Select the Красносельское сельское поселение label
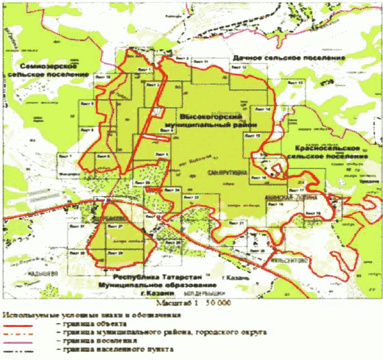330,151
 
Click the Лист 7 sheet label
66,156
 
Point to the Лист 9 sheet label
86,130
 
